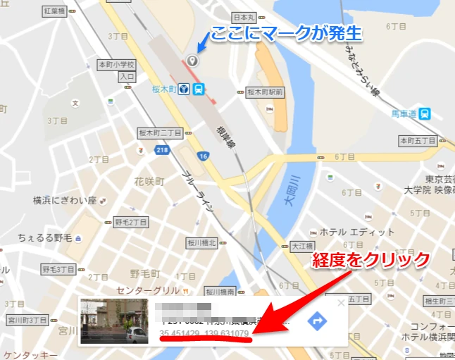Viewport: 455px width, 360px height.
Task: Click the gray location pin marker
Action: [x=194, y=60]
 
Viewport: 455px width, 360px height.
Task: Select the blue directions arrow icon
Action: [x=318, y=321]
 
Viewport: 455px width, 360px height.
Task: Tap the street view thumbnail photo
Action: [x=114, y=321]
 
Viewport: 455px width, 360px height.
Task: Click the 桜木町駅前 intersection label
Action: [x=265, y=92]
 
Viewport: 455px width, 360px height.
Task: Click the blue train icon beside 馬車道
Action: [x=425, y=113]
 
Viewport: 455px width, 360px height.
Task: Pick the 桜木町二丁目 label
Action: [x=161, y=132]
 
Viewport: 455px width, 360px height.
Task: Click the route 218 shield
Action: [x=162, y=150]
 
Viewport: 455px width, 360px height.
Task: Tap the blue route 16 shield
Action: [x=204, y=156]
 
